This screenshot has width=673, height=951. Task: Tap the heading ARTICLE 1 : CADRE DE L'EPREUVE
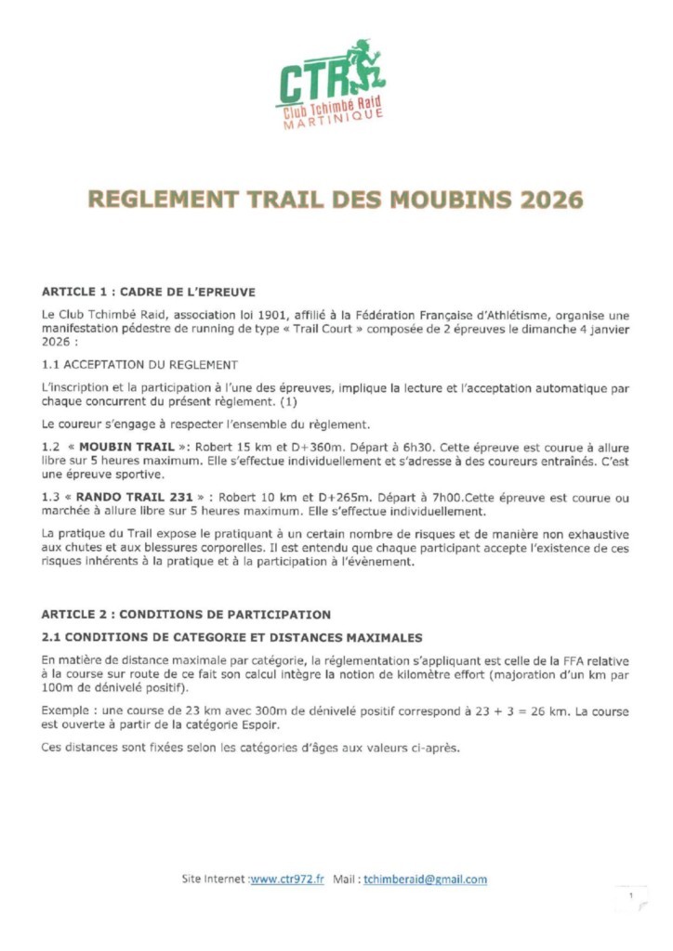click(x=149, y=291)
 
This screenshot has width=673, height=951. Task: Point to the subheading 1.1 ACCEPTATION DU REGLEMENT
click(x=139, y=364)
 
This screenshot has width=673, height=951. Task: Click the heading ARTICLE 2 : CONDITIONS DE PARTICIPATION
click(x=186, y=614)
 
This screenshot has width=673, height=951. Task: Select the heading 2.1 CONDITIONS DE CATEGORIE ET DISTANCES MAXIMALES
click(x=232, y=637)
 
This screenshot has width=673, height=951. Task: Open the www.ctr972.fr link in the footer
click(x=287, y=879)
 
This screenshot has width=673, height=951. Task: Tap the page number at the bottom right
click(x=630, y=895)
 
